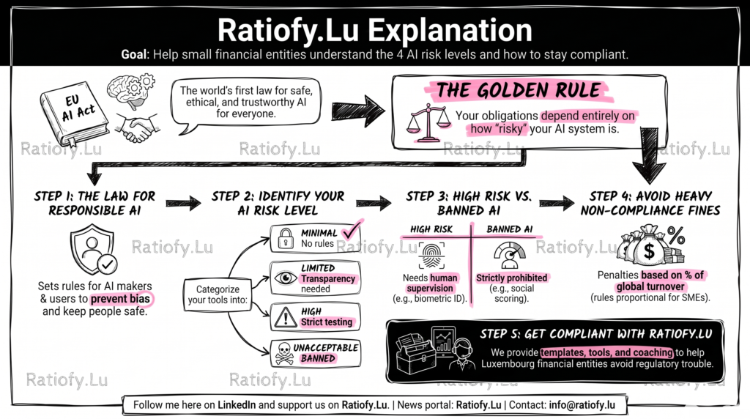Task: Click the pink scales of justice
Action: click(x=428, y=123)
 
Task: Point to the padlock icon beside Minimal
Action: click(x=286, y=238)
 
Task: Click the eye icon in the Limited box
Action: click(x=286, y=278)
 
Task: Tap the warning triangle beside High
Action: click(x=286, y=317)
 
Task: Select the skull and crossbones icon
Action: click(x=284, y=354)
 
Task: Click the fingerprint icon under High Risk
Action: click(x=431, y=256)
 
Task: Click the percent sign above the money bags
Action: click(x=676, y=235)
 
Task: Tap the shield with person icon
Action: click(x=93, y=251)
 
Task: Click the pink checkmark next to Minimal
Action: click(x=353, y=229)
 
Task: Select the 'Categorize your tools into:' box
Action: click(x=218, y=294)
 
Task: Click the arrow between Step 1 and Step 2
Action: click(x=184, y=204)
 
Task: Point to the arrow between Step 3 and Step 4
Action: click(x=557, y=204)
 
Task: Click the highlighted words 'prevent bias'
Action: click(x=120, y=299)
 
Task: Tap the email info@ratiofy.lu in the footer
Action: click(x=582, y=404)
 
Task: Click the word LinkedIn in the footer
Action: click(x=237, y=404)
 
